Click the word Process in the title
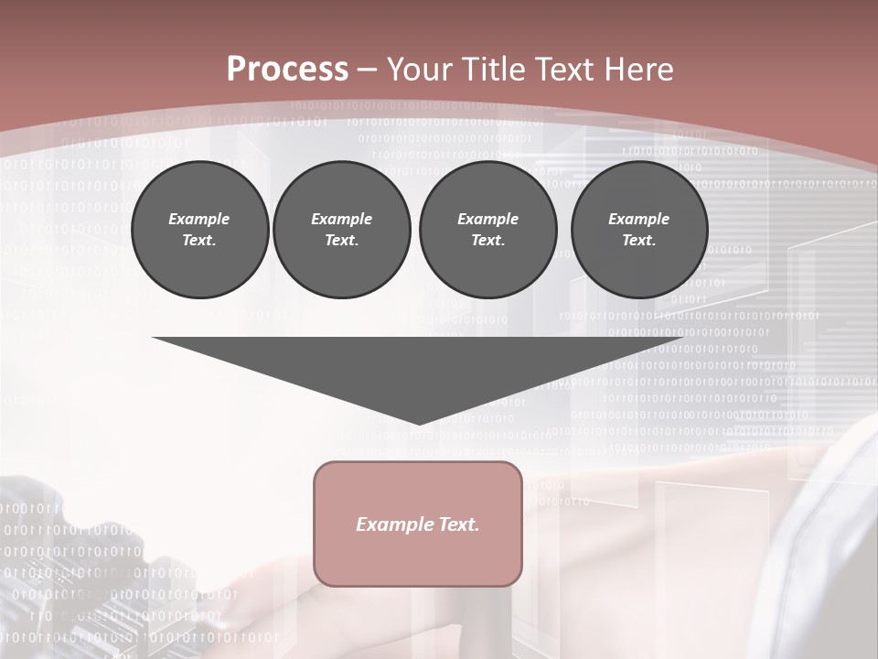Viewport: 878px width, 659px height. (287, 70)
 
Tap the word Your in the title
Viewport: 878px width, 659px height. (417, 70)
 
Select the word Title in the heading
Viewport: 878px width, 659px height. (497, 70)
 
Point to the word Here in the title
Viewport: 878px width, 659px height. (639, 70)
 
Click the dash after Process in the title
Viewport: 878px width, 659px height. (367, 70)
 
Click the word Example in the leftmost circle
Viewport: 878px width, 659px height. (199, 219)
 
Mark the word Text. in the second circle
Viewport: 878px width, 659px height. (342, 241)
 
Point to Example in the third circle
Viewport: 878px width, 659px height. (487, 219)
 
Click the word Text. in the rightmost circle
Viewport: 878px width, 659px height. (639, 241)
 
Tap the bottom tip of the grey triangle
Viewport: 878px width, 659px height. (419, 422)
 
